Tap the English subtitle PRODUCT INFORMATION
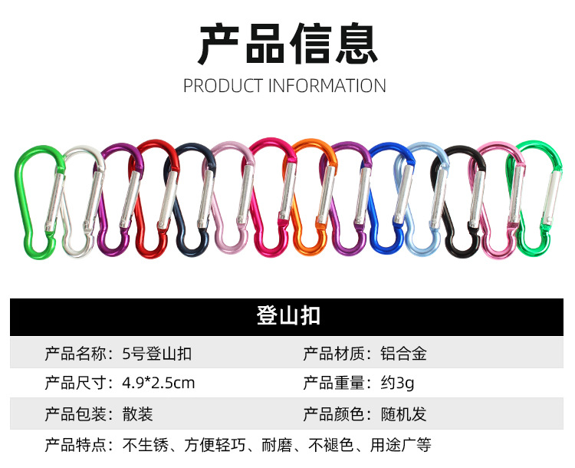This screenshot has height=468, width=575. click(x=284, y=85)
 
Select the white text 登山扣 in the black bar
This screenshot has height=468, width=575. click(x=287, y=316)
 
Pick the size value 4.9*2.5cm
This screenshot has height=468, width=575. click(x=158, y=383)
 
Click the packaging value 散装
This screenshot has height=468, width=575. click(x=137, y=414)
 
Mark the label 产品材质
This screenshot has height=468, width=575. click(x=333, y=354)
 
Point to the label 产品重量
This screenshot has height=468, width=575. click(x=333, y=383)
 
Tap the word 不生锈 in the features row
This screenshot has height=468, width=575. click(x=143, y=445)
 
